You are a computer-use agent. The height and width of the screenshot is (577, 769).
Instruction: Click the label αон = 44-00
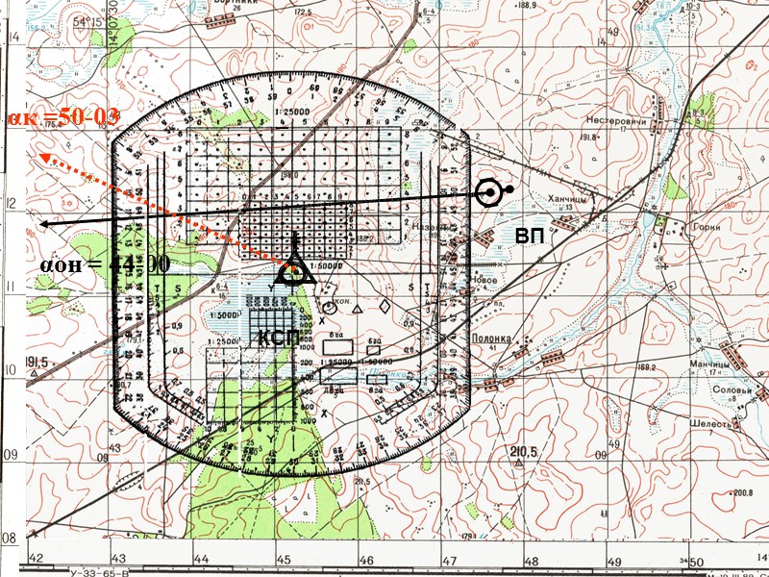click(x=105, y=263)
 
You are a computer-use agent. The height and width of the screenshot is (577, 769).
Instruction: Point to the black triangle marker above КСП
click(x=295, y=270)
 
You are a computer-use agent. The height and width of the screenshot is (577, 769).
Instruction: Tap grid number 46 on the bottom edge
click(x=366, y=559)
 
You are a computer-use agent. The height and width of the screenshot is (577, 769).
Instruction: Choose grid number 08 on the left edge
click(x=12, y=537)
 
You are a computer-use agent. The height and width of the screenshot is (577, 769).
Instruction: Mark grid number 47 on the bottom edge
click(x=448, y=559)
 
